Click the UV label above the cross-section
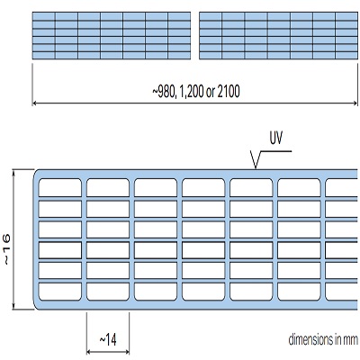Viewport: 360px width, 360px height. [x=276, y=139]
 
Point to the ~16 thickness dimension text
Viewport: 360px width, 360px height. [x=6, y=249]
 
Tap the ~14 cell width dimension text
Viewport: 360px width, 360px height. [x=108, y=340]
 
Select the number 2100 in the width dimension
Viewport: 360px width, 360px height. [x=229, y=92]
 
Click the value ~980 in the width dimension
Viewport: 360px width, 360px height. [x=163, y=92]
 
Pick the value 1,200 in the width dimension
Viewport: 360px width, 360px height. [x=190, y=92]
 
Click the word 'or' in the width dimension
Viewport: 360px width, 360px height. [x=210, y=93]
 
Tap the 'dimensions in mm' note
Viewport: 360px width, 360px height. [x=323, y=340]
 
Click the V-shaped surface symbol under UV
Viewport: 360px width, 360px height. [x=256, y=160]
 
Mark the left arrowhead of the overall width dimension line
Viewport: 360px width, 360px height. [x=34, y=103]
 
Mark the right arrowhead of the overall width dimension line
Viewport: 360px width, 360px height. [x=355, y=103]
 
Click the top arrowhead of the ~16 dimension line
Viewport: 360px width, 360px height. [x=13, y=172]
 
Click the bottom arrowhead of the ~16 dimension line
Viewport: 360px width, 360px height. [x=13, y=307]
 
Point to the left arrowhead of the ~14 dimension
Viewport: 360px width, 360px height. [x=88, y=352]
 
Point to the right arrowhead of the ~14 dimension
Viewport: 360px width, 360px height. [x=127, y=352]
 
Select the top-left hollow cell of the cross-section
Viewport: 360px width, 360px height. [x=60, y=188]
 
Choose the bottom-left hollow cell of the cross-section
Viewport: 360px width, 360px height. [x=60, y=292]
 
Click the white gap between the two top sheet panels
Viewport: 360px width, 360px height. [x=195, y=35]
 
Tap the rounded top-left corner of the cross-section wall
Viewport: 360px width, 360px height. [x=36, y=173]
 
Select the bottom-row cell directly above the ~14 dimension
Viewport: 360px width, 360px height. [x=108, y=292]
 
